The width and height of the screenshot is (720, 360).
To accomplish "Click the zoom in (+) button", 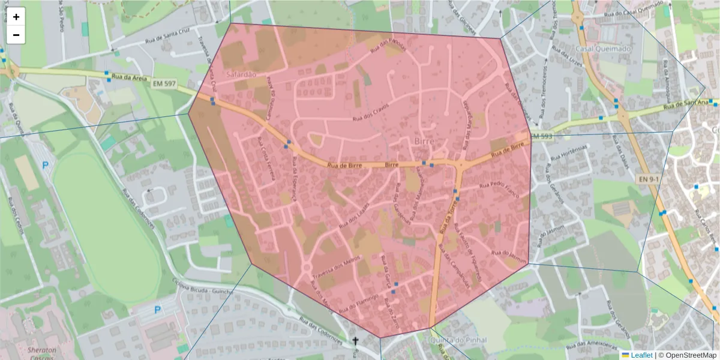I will click(x=16, y=17).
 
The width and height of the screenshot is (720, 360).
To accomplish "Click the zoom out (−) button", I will click(x=16, y=35).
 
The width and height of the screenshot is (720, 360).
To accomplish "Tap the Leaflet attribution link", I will click(x=641, y=355).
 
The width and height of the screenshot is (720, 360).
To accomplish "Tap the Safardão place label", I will click(x=241, y=74).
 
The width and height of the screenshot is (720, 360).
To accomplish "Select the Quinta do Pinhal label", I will click(x=463, y=340).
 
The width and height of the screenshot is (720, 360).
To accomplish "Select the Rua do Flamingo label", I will click(x=358, y=303).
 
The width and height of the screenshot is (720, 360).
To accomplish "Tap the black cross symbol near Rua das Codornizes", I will click(x=355, y=341).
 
